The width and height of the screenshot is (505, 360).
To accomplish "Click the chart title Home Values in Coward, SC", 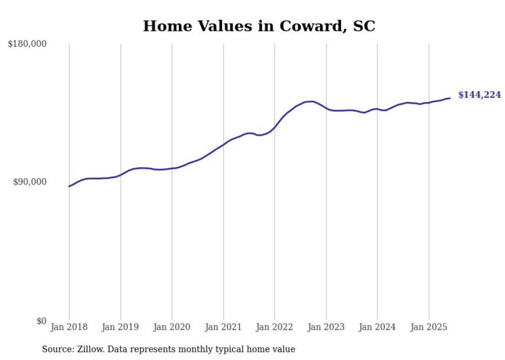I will point(259,26).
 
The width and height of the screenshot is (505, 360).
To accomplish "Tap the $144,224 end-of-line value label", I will point(479,95).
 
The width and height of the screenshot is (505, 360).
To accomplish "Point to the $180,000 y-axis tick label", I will point(27,44).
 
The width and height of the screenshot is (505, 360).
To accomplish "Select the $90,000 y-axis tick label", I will point(30,182).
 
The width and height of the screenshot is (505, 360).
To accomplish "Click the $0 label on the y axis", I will point(41,321).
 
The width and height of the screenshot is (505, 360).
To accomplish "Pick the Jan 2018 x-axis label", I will point(69,327).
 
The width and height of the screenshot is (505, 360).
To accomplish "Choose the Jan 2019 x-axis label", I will point(121,327).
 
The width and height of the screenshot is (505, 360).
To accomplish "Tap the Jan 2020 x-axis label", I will point(172,327).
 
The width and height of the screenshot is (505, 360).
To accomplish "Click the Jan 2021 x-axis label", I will point(223,327).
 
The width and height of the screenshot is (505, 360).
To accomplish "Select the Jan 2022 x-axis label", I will point(275,327).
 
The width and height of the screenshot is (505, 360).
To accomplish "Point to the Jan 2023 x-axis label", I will point(326,327).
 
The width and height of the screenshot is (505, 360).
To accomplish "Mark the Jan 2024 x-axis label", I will point(377,327).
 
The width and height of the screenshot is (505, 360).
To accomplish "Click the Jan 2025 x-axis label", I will point(429,327).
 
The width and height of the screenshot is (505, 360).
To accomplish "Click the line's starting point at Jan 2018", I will point(69,186).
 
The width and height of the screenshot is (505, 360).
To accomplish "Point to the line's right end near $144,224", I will point(450,98).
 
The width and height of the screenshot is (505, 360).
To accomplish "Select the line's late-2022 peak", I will point(311,101).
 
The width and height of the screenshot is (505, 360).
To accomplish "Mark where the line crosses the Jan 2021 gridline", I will point(223,144).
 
